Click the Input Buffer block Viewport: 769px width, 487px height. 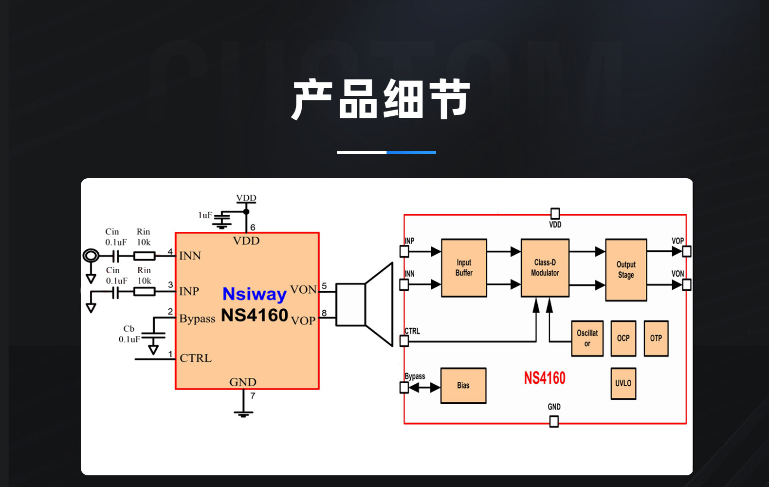click(464, 268)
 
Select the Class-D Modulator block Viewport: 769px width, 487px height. click(545, 268)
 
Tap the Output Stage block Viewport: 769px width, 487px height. click(626, 270)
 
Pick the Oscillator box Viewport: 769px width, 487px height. click(587, 338)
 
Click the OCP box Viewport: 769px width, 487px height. click(623, 338)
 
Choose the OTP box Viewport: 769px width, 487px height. click(656, 338)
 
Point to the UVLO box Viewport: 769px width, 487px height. click(623, 383)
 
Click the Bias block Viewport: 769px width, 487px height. click(463, 385)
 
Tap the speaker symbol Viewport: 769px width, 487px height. click(365, 304)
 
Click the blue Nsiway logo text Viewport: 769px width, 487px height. click(254, 294)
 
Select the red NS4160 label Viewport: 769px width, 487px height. click(544, 378)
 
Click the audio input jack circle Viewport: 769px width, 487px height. click(91, 255)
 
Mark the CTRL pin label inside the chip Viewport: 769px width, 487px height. click(196, 358)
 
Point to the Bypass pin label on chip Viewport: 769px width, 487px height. click(197, 319)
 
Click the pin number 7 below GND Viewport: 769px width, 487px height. click(253, 396)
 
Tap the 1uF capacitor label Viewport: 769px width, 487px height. click(205, 215)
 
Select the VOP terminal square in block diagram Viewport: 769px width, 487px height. click(686, 251)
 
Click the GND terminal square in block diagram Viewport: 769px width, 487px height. click(554, 422)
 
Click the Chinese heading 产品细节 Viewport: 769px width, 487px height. click(381, 99)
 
